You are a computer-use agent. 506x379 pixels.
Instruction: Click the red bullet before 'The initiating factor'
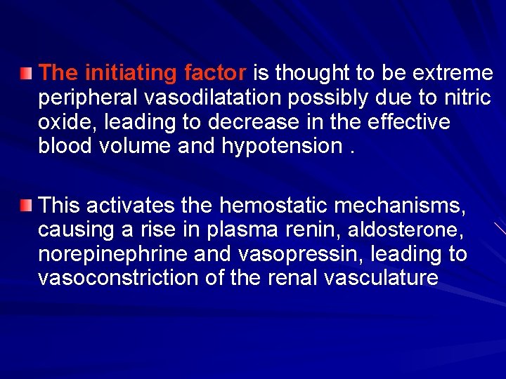coord(26,73)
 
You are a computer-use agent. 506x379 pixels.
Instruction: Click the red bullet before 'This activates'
coord(26,206)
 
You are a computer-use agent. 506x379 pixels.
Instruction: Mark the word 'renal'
coord(294,278)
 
